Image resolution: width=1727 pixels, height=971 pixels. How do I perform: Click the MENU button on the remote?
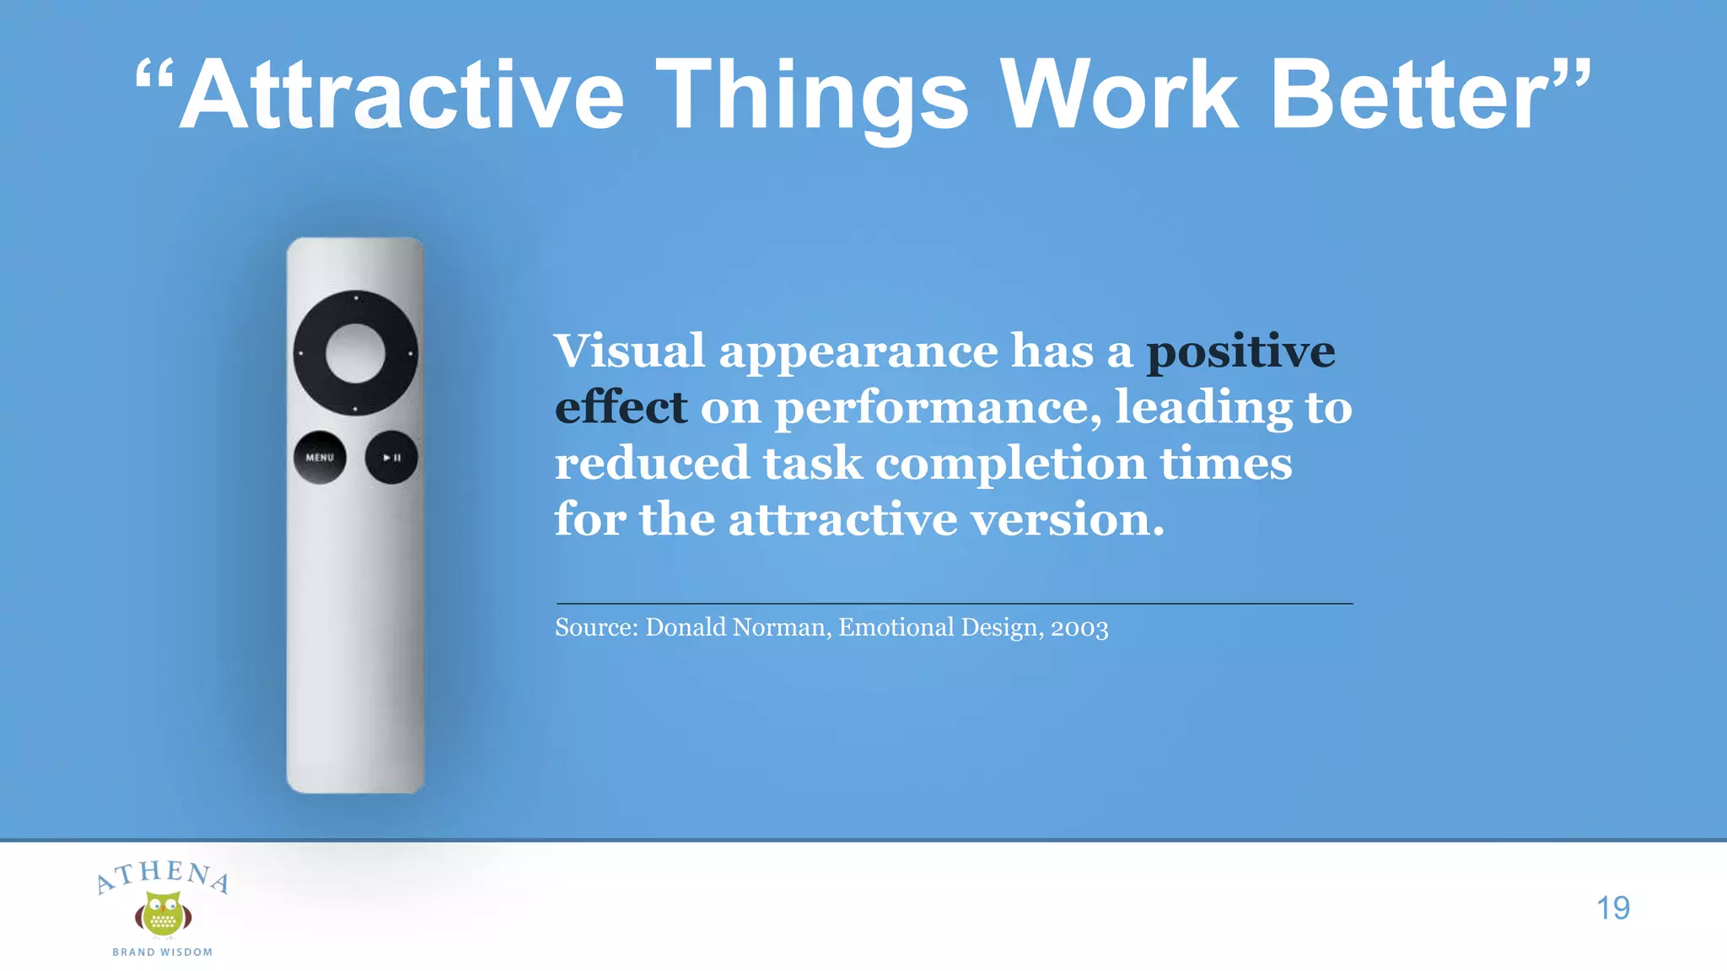click(x=320, y=458)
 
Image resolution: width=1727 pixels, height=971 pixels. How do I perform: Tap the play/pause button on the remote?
click(x=391, y=458)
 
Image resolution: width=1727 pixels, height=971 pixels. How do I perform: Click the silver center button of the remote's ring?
click(x=355, y=353)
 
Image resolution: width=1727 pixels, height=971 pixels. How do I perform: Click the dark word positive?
click(x=1240, y=351)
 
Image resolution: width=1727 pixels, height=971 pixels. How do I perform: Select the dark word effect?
click(x=621, y=408)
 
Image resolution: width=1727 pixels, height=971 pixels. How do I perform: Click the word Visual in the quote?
click(x=629, y=351)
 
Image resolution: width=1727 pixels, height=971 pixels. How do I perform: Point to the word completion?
click(x=1011, y=464)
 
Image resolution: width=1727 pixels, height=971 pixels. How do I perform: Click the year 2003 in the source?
click(x=1079, y=628)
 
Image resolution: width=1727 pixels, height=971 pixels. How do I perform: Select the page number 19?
click(x=1612, y=908)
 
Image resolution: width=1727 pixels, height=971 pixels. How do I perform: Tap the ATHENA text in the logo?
click(x=162, y=875)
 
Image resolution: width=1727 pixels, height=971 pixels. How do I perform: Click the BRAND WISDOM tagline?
click(x=163, y=952)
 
